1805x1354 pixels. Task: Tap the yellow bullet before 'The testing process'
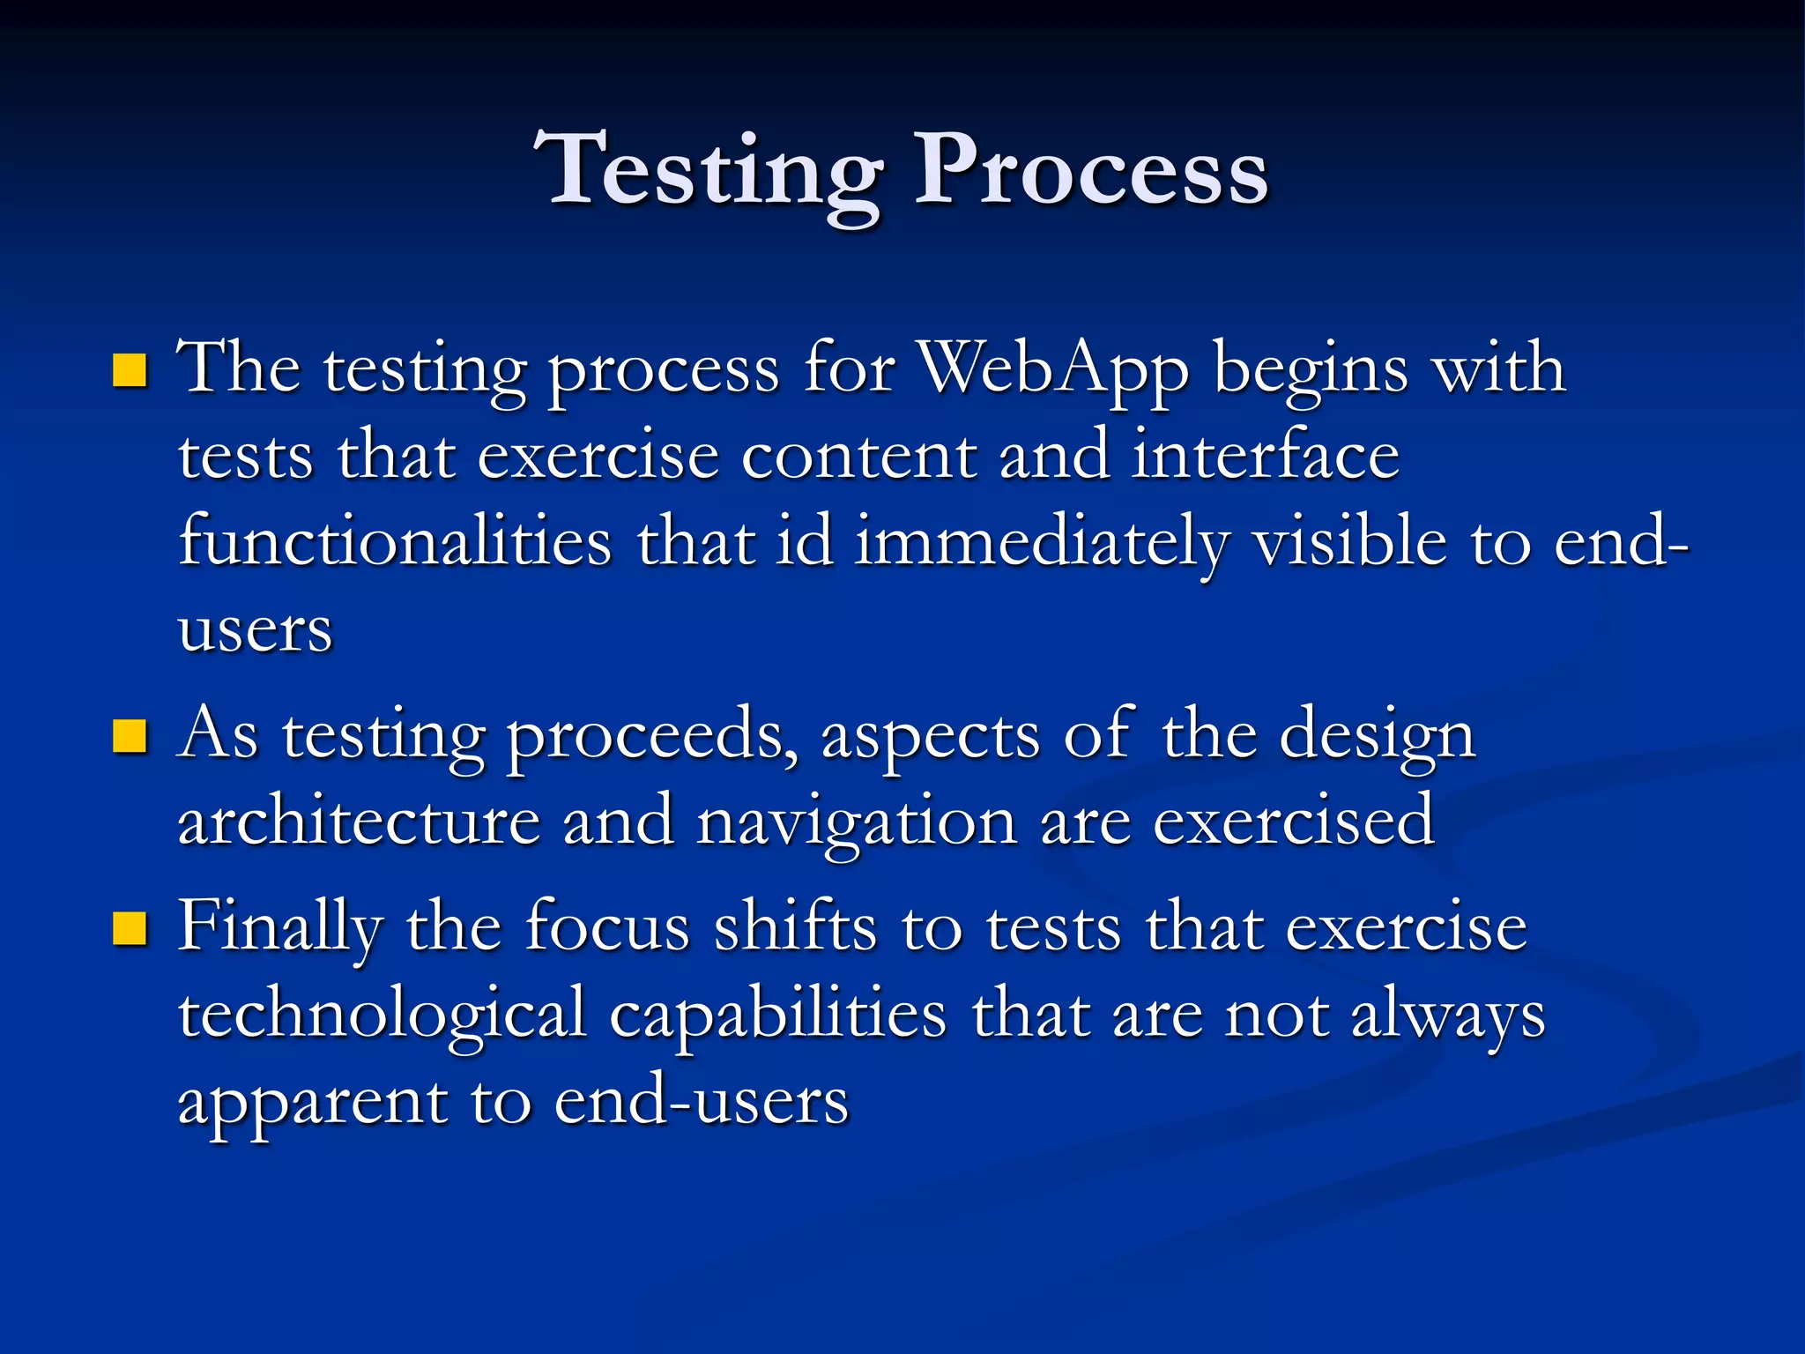(130, 370)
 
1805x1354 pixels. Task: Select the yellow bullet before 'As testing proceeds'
(130, 736)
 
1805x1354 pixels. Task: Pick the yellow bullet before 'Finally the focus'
(130, 928)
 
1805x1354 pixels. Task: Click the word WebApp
(1054, 368)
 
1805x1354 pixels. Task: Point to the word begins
(1311, 368)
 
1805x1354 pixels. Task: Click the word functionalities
(395, 541)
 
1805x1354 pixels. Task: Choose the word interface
(1266, 455)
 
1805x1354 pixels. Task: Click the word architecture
(359, 821)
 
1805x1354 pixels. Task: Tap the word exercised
(1294, 821)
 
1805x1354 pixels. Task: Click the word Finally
(280, 927)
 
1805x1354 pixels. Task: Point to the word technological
(383, 1014)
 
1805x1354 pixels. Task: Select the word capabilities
(778, 1014)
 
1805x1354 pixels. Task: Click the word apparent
(312, 1102)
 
